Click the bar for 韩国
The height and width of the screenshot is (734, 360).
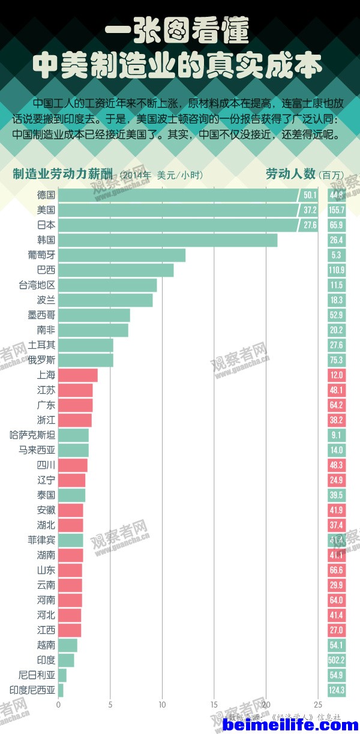[x=168, y=240]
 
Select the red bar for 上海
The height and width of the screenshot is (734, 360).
[x=78, y=375]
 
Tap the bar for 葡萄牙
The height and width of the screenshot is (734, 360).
[x=122, y=255]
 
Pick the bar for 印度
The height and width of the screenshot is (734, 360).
[x=66, y=660]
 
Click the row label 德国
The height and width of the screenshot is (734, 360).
[x=46, y=195]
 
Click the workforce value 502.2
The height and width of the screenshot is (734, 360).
[x=337, y=660]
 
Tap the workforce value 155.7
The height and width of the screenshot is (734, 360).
[x=337, y=210]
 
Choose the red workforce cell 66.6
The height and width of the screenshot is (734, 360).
[x=337, y=570]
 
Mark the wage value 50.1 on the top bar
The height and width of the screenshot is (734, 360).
[x=310, y=195]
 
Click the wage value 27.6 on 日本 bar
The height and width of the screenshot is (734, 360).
[x=310, y=225]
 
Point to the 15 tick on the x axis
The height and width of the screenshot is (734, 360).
[x=214, y=705]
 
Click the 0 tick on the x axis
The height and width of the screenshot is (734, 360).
[x=58, y=705]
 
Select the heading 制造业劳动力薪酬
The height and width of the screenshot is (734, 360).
[x=62, y=175]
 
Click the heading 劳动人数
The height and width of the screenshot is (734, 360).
[x=290, y=174]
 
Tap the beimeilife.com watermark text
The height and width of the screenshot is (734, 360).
[x=290, y=725]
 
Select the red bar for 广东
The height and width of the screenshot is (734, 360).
[x=76, y=405]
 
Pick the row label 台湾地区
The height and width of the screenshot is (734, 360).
[x=37, y=285]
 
